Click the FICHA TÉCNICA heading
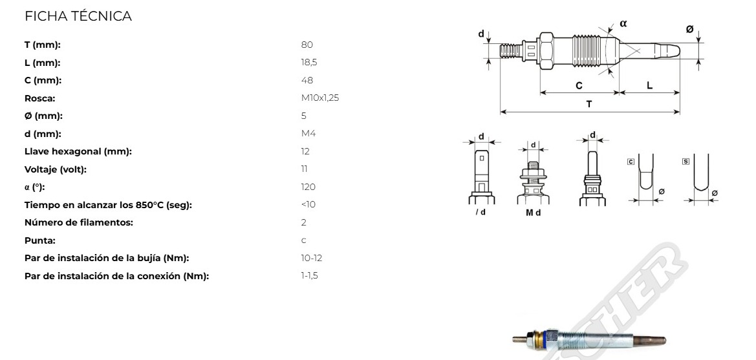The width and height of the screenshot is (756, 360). tap(78, 16)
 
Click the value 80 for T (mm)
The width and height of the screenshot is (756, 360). tap(307, 45)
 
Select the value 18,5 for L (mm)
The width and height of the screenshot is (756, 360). tap(309, 63)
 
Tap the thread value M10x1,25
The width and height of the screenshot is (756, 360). tap(320, 98)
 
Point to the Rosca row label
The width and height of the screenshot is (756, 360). tap(40, 98)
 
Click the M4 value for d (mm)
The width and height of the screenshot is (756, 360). tap(308, 134)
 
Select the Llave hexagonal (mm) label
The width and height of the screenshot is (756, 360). tap(78, 151)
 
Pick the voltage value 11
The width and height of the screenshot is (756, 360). tap(304, 169)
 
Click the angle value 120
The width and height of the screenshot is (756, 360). tap(308, 187)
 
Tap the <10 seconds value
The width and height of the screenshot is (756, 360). tap(308, 204)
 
